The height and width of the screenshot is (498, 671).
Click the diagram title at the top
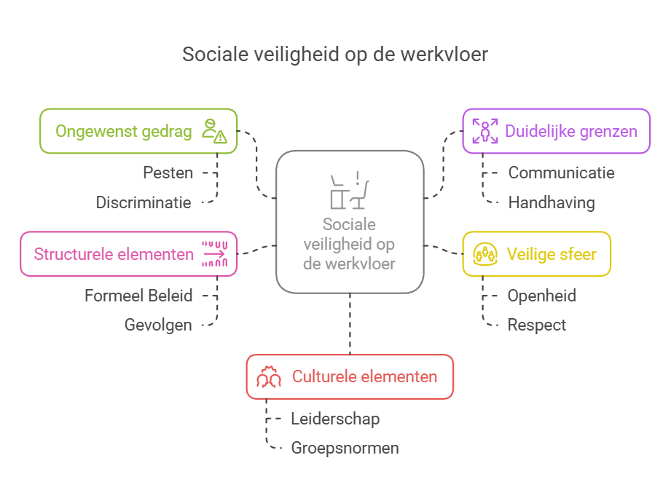335,55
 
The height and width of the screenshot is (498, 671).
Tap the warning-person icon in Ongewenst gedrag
214,131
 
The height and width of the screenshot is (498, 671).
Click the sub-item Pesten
168,173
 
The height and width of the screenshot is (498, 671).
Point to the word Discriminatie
144,202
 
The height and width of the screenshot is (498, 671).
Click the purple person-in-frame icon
484,132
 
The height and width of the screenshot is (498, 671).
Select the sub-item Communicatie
561,173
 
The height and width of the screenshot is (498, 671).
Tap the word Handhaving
551,202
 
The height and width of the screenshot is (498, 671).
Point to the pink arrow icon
215,254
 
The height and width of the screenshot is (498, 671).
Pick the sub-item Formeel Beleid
138,296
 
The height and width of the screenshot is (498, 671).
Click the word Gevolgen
158,325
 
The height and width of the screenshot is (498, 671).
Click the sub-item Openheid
541,296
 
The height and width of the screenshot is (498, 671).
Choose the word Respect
536,325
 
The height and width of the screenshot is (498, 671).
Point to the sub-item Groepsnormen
345,448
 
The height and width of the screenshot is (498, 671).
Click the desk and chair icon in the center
349,190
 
